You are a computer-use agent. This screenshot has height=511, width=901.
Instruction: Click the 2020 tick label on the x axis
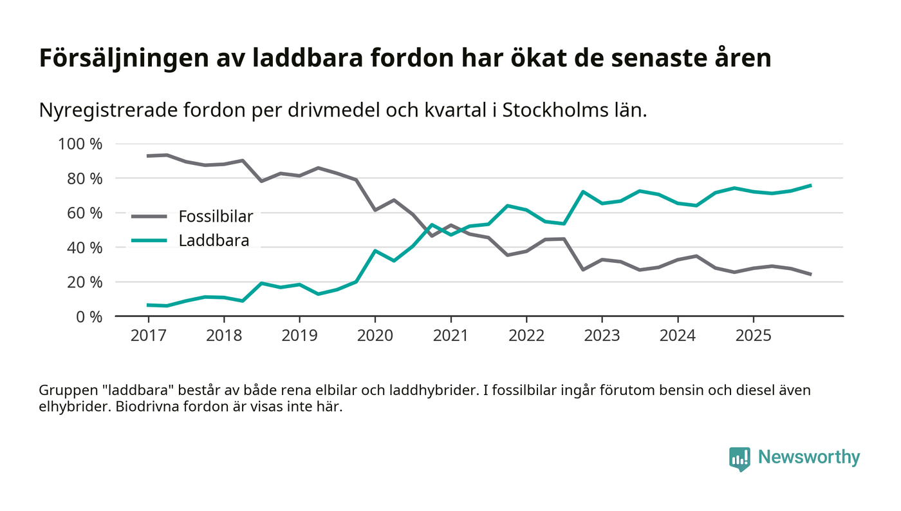pyautogui.click(x=375, y=336)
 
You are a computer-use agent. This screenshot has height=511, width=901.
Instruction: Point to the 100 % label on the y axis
pyautogui.click(x=80, y=144)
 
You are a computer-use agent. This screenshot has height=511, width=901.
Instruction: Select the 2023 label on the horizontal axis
pyautogui.click(x=602, y=336)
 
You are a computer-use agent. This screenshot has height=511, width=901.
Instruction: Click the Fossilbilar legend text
pyautogui.click(x=216, y=217)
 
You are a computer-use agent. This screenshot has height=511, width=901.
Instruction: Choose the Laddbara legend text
pyautogui.click(x=214, y=241)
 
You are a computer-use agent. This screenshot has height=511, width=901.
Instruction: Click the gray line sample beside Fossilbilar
pyautogui.click(x=149, y=217)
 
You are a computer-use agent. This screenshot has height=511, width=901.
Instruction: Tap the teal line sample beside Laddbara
pyautogui.click(x=149, y=241)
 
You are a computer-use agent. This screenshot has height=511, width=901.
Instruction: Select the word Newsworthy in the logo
pyautogui.click(x=809, y=458)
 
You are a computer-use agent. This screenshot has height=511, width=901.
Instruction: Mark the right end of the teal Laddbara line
pyautogui.click(x=810, y=186)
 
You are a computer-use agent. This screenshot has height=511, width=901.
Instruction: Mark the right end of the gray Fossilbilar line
pyautogui.click(x=810, y=275)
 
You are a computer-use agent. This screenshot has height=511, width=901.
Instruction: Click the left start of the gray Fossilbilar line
pyautogui.click(x=148, y=156)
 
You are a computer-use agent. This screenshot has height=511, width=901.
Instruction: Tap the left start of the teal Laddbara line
pyautogui.click(x=148, y=305)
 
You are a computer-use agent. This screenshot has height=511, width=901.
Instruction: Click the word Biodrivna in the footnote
pyautogui.click(x=145, y=408)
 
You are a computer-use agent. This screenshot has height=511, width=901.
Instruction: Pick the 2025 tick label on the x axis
pyautogui.click(x=753, y=336)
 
